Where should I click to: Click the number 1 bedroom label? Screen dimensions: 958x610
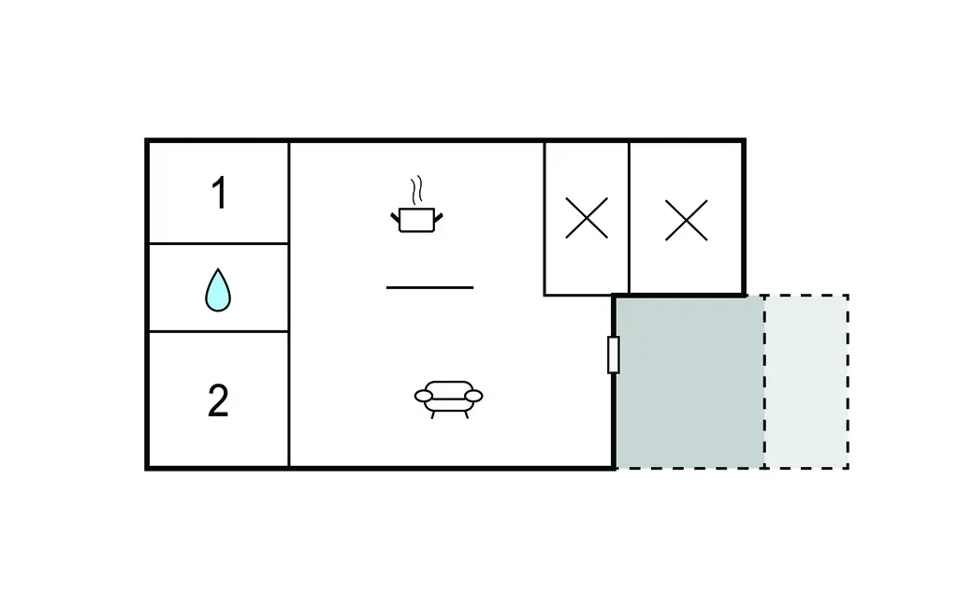pyautogui.click(x=220, y=193)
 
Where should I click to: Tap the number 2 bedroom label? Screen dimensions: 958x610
pyautogui.click(x=218, y=400)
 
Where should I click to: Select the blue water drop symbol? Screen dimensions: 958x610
pyautogui.click(x=218, y=290)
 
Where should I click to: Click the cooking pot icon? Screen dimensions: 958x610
pyautogui.click(x=416, y=220)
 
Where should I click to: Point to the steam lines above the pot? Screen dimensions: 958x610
pyautogui.click(x=416, y=191)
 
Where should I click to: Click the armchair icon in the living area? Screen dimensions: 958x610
pyautogui.click(x=448, y=399)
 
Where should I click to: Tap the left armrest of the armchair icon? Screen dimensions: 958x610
pyautogui.click(x=424, y=396)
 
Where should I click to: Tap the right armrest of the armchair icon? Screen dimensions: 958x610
pyautogui.click(x=473, y=396)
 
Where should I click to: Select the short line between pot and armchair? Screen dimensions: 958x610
pyautogui.click(x=429, y=287)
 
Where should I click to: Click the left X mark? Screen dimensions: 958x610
pyautogui.click(x=587, y=218)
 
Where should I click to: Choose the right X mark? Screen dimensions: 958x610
pyautogui.click(x=686, y=220)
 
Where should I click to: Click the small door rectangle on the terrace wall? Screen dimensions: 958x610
pyautogui.click(x=614, y=355)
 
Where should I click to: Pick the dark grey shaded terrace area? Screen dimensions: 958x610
pyautogui.click(x=689, y=382)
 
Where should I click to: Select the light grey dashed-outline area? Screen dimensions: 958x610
pyautogui.click(x=806, y=382)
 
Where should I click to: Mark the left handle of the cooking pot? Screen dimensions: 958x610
pyautogui.click(x=396, y=216)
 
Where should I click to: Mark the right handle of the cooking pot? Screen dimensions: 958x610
pyautogui.click(x=438, y=216)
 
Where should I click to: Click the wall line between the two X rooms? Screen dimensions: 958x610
pyautogui.click(x=629, y=219)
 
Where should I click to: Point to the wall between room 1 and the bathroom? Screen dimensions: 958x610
pyautogui.click(x=219, y=243)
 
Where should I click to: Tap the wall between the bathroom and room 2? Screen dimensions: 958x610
pyautogui.click(x=219, y=331)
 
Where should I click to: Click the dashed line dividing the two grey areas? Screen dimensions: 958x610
pyautogui.click(x=764, y=382)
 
